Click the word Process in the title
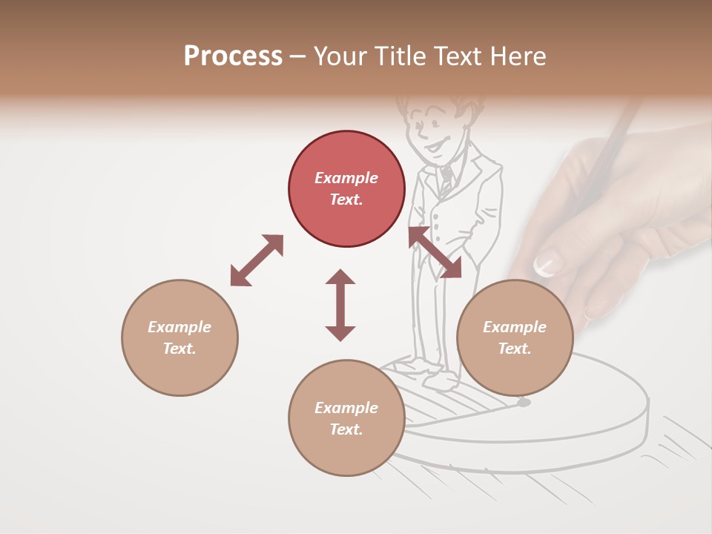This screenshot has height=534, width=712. (233, 56)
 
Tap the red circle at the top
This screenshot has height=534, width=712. (346, 189)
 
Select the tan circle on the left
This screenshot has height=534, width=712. (179, 337)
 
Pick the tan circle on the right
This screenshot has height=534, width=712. (515, 337)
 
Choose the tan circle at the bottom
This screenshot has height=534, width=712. (346, 418)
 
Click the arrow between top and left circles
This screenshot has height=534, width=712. (257, 260)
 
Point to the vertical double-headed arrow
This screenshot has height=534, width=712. (340, 305)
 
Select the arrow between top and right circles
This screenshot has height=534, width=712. (435, 252)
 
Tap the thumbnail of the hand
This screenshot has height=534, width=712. (547, 263)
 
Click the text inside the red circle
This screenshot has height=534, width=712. (346, 189)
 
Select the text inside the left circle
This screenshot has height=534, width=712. (179, 337)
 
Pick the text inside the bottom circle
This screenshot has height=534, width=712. (346, 418)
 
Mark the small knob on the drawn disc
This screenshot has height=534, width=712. (524, 403)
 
